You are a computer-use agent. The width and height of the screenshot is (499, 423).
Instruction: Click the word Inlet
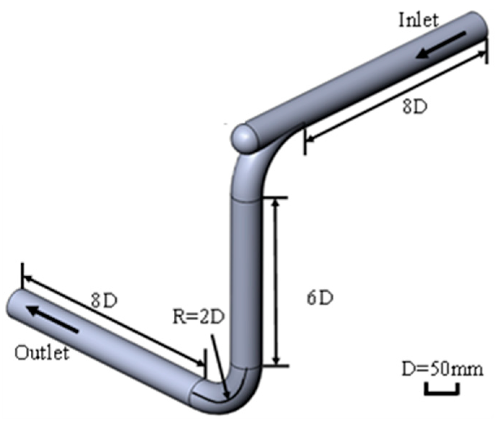coord(418,20)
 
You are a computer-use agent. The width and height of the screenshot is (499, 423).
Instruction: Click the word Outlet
coord(42,353)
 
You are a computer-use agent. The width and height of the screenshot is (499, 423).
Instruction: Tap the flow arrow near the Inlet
coord(441,45)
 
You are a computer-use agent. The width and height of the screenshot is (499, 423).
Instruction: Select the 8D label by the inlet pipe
coord(415,107)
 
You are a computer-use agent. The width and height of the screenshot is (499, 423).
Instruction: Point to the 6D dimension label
coord(320,298)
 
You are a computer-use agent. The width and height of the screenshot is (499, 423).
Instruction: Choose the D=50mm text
coord(442,370)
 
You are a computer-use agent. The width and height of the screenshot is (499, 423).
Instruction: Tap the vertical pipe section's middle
coord(245,281)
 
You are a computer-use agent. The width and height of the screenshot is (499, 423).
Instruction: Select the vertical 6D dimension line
coord(276,281)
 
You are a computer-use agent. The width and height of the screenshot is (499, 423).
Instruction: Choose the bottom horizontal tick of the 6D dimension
coord(276,366)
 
